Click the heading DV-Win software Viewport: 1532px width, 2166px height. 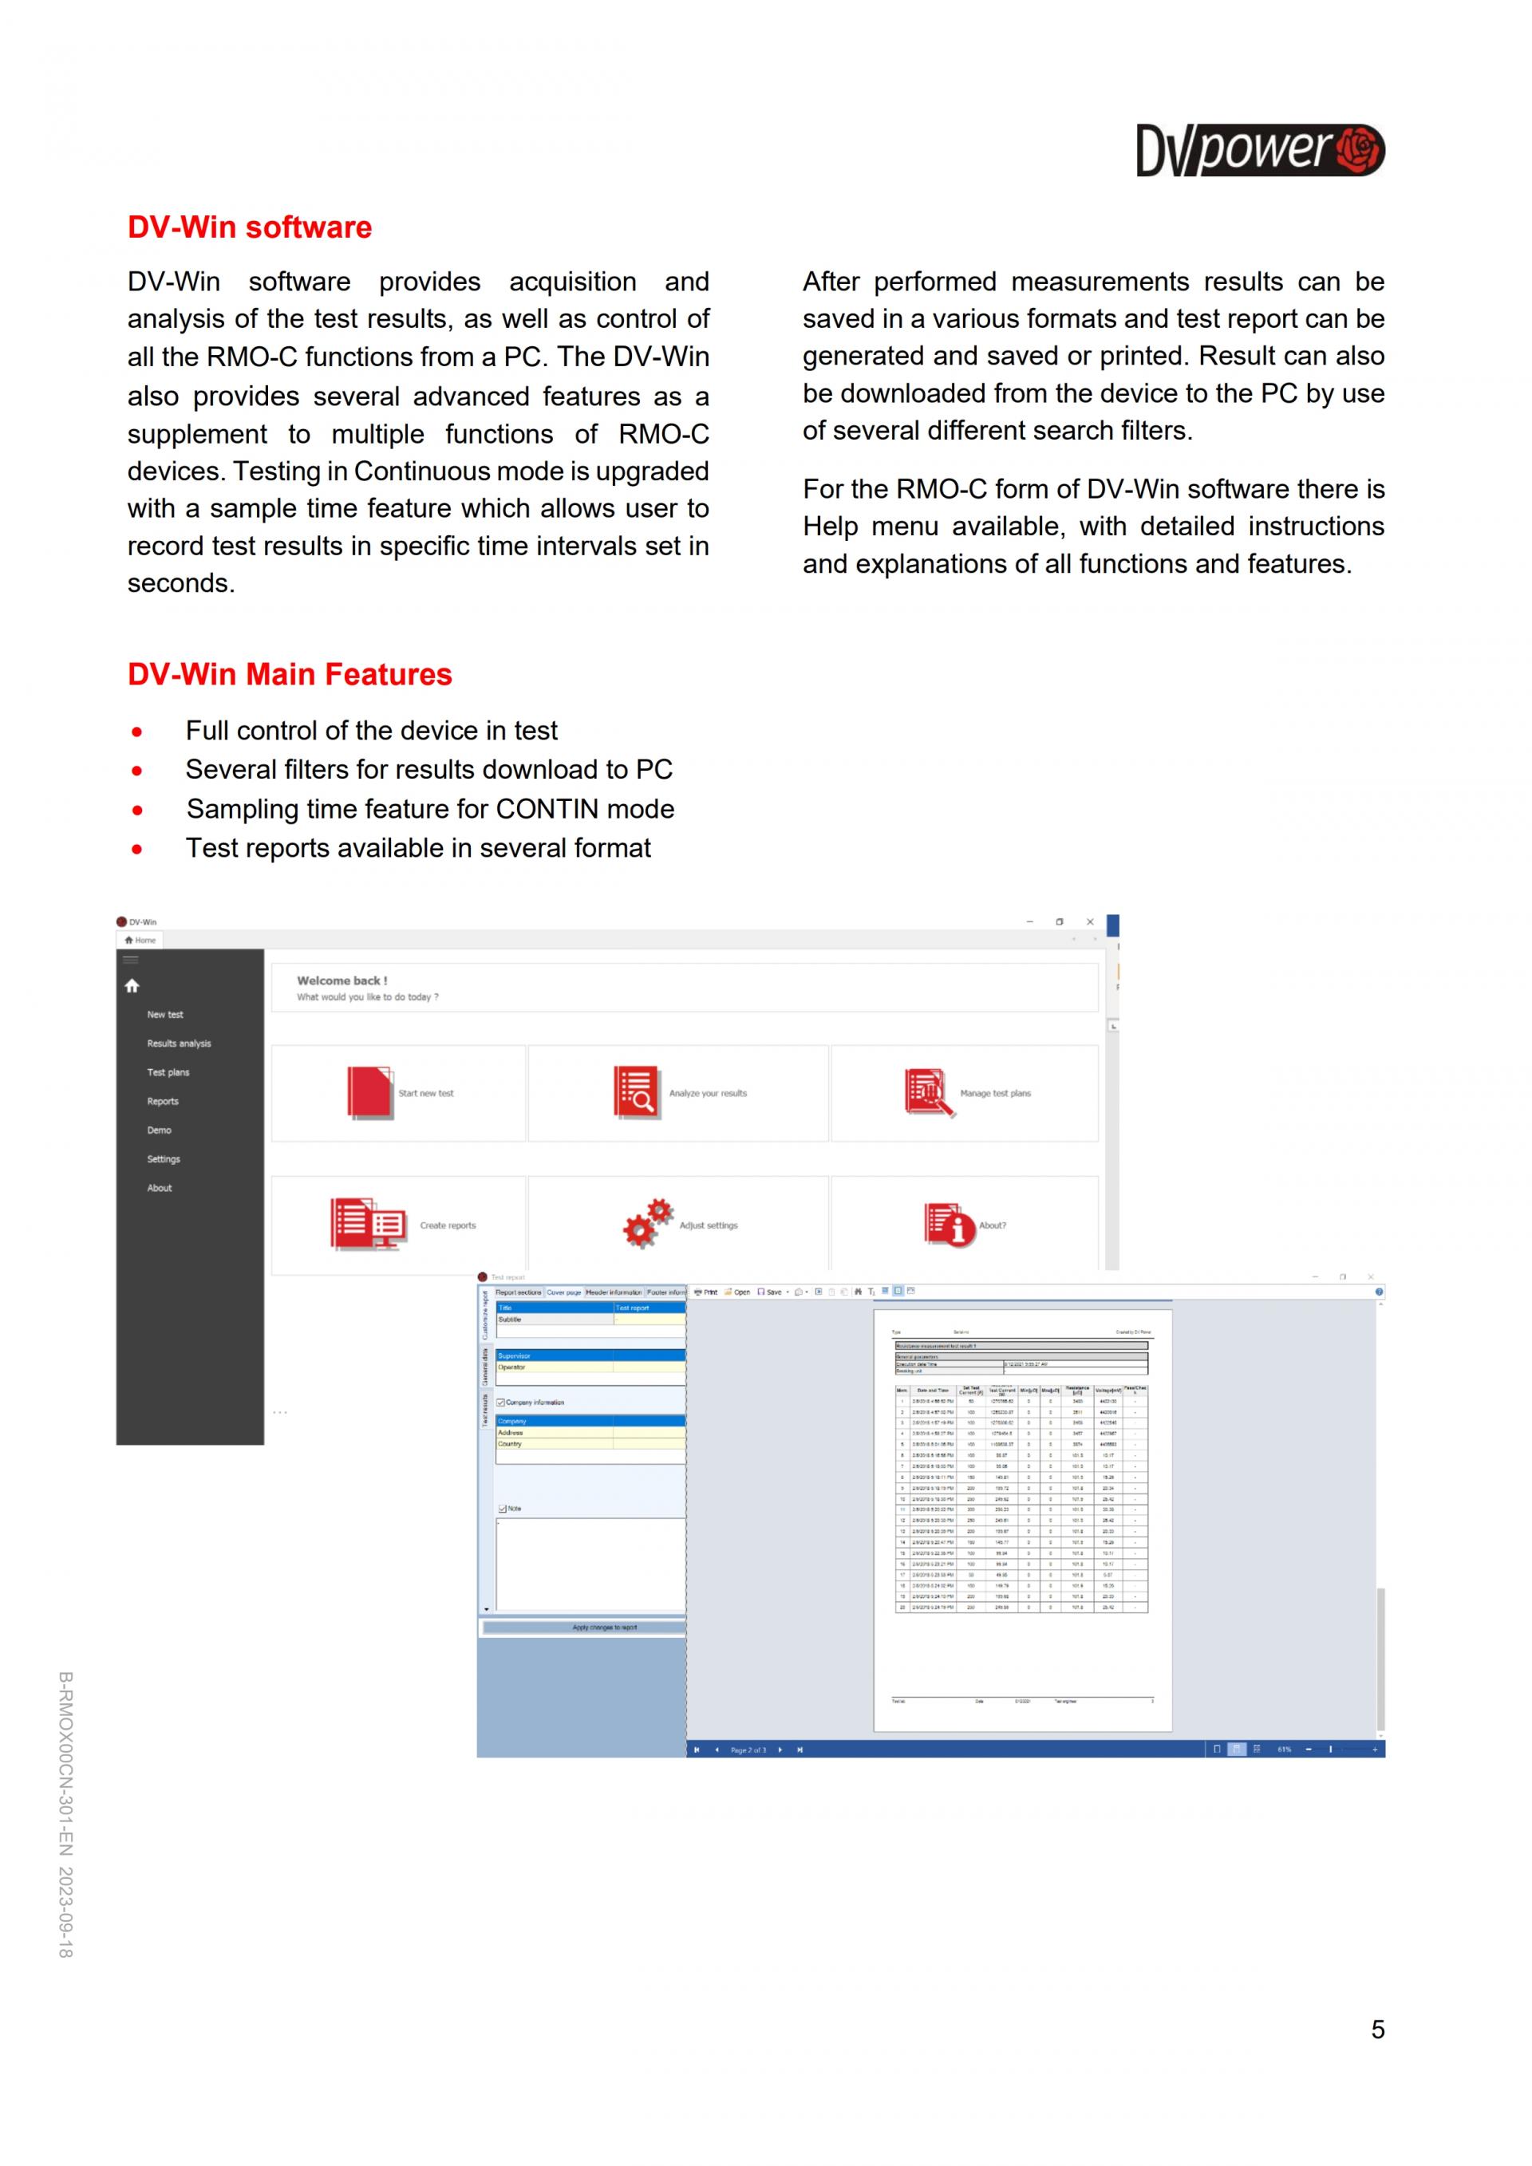249,227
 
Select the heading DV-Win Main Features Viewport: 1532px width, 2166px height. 290,674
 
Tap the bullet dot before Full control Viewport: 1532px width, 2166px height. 138,732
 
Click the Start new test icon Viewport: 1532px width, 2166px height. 369,1092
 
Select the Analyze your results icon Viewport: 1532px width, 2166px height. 636,1092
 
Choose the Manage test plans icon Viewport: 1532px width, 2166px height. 928,1092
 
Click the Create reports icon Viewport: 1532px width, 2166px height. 367,1225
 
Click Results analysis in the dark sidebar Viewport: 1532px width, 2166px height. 178,1044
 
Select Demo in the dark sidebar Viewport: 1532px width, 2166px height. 160,1130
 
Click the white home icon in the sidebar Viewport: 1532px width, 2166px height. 132,986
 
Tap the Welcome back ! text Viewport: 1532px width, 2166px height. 342,981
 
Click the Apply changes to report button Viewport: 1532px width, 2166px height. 604,1627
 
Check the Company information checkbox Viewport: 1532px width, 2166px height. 501,1403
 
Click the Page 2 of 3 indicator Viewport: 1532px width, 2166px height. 748,1750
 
